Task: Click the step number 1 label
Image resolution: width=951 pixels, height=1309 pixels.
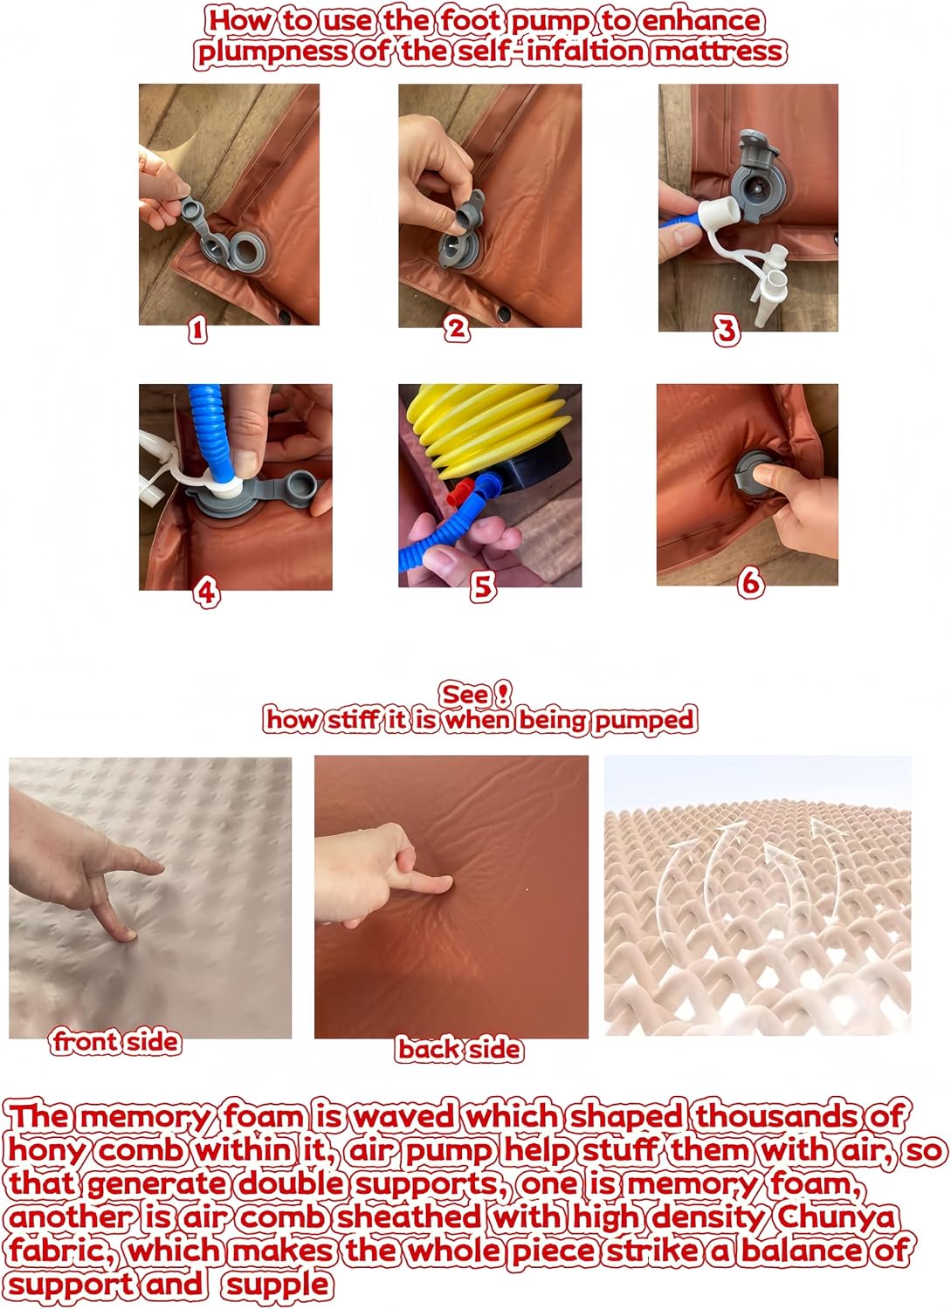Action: pyautogui.click(x=197, y=332)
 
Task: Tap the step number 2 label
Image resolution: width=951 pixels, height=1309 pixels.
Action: pyautogui.click(x=457, y=328)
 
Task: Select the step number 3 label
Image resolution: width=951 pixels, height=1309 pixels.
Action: pyautogui.click(x=727, y=332)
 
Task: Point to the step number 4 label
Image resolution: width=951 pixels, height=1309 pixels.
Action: pyautogui.click(x=207, y=593)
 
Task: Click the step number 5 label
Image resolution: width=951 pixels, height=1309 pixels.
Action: pyautogui.click(x=483, y=586)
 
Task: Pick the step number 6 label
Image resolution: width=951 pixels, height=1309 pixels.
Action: pyautogui.click(x=751, y=583)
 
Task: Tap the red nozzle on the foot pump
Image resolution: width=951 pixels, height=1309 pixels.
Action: pyautogui.click(x=462, y=493)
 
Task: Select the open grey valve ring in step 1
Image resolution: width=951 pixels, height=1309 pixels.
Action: pyautogui.click(x=249, y=250)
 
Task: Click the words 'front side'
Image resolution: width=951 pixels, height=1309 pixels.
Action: pyautogui.click(x=115, y=1042)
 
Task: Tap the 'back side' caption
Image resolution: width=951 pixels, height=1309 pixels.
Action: pyautogui.click(x=459, y=1049)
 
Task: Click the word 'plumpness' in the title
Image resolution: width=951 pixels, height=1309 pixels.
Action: pyautogui.click(x=272, y=52)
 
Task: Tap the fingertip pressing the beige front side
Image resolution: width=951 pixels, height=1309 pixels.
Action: pyautogui.click(x=126, y=936)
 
